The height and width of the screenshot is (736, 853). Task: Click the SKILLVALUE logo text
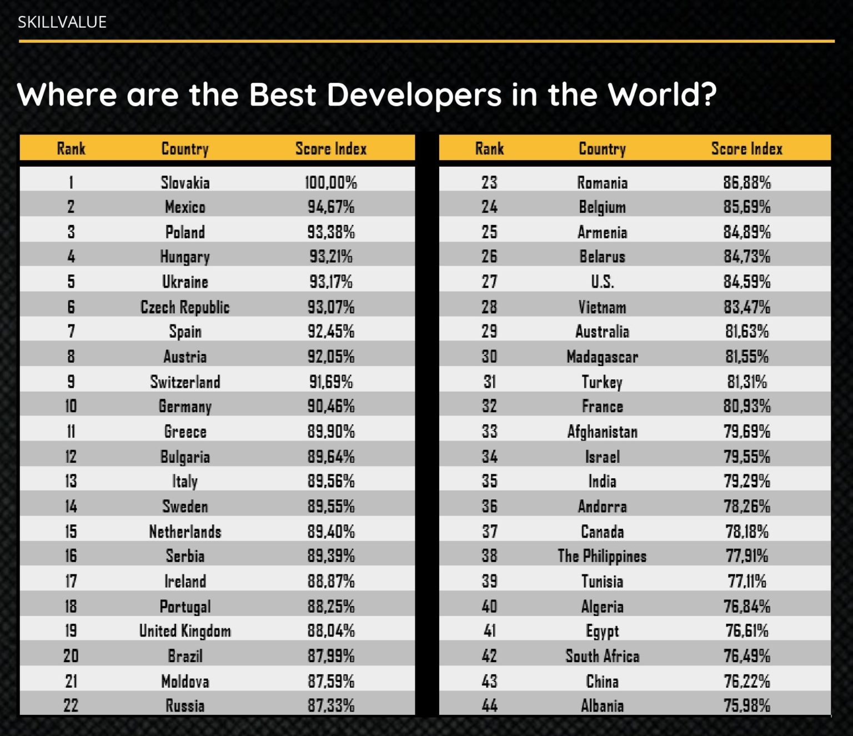point(62,22)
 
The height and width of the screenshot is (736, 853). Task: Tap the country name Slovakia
point(185,182)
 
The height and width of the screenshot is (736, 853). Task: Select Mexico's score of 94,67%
point(331,207)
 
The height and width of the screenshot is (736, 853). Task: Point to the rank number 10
point(71,406)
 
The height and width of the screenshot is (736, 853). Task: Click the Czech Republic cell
point(185,307)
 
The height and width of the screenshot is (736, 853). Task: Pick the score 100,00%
point(331,182)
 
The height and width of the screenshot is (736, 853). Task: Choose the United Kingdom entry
point(185,631)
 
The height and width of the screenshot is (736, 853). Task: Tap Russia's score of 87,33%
point(331,706)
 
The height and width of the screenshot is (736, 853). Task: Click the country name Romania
point(603,182)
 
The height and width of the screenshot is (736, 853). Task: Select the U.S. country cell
point(603,282)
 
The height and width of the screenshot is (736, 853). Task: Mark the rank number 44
point(489,706)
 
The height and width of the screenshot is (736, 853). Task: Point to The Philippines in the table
point(602,557)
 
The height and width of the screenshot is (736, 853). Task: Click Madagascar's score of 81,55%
point(747,357)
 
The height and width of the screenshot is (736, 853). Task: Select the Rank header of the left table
point(71,149)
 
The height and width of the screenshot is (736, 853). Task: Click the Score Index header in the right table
point(747,149)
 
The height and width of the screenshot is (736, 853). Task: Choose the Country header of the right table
point(603,149)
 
